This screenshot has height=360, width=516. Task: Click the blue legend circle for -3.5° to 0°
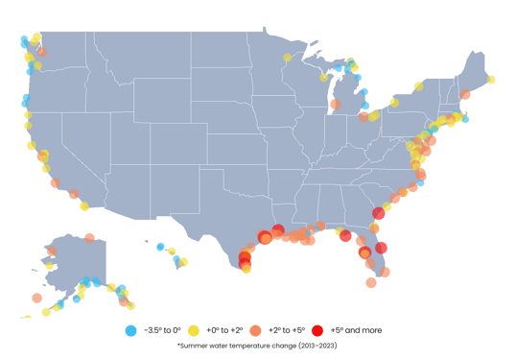pyautogui.click(x=130, y=330)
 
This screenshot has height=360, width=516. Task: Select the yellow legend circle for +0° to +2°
pyautogui.click(x=192, y=330)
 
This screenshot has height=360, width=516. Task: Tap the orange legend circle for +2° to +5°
pyautogui.click(x=255, y=330)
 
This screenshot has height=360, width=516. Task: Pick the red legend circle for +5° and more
pyautogui.click(x=317, y=330)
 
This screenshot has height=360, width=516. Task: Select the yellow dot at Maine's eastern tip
pyautogui.click(x=491, y=80)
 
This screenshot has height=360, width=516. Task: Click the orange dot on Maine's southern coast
pyautogui.click(x=465, y=95)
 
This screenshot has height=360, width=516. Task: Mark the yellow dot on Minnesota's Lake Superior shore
pyautogui.click(x=288, y=58)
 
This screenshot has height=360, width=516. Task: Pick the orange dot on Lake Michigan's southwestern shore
pyautogui.click(x=335, y=104)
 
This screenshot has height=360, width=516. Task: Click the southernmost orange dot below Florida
pyautogui.click(x=371, y=282)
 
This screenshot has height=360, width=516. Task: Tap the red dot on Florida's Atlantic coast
pyautogui.click(x=381, y=248)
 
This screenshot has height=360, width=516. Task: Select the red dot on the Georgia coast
pyautogui.click(x=379, y=213)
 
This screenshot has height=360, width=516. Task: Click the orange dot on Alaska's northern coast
pyautogui.click(x=89, y=238)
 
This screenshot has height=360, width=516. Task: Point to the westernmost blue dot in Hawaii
pyautogui.click(x=160, y=247)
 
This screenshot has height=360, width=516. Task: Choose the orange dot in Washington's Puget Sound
pyautogui.click(x=41, y=52)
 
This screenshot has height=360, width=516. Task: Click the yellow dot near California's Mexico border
pyautogui.click(x=84, y=205)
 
